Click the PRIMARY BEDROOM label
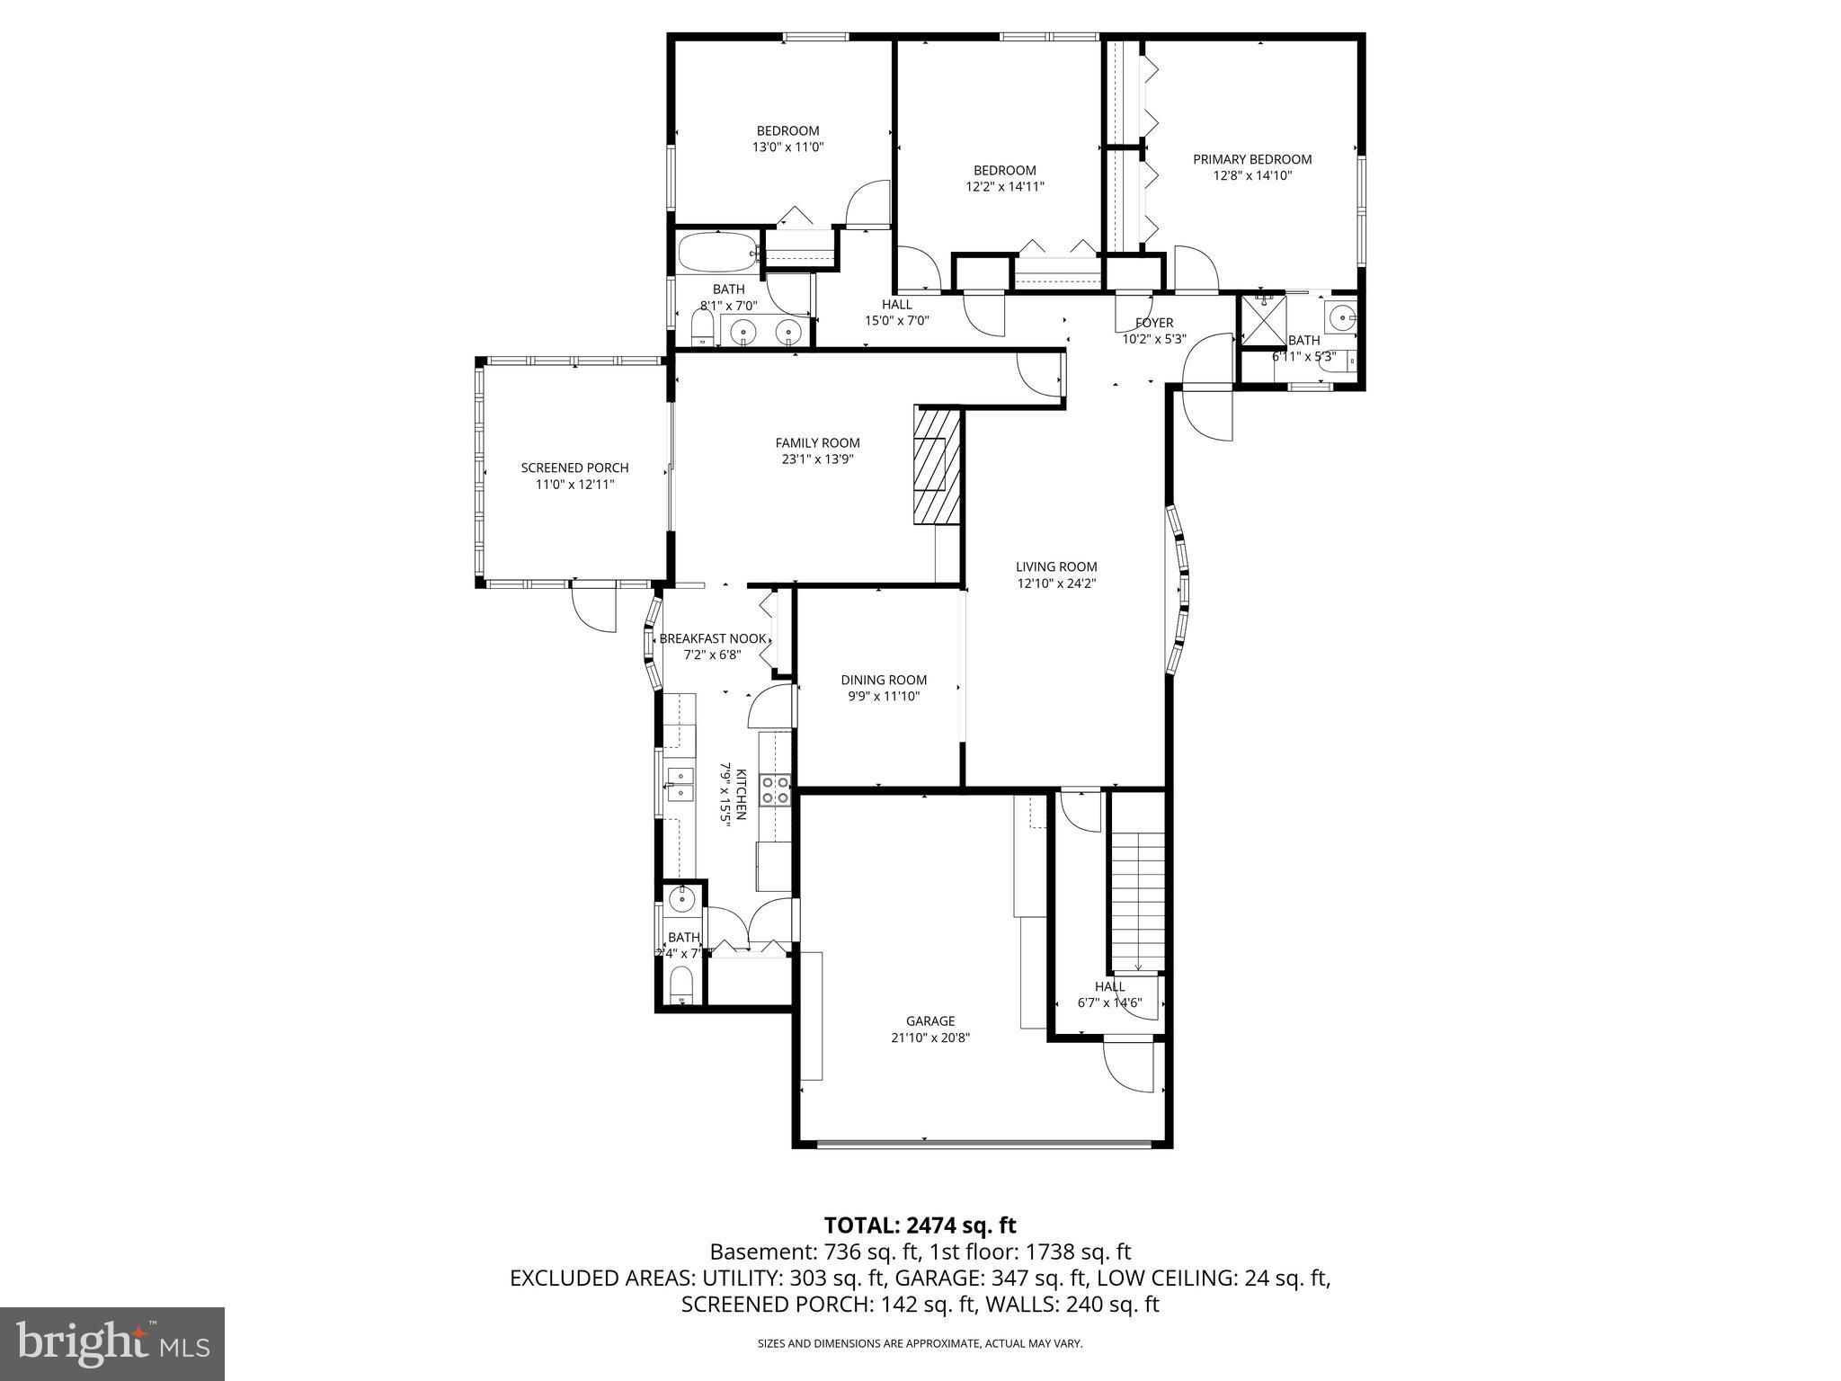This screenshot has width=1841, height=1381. (x=1251, y=159)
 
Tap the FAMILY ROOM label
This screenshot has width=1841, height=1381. (x=817, y=442)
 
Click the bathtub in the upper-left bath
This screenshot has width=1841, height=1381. (x=717, y=253)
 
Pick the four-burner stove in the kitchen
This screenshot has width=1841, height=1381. (x=775, y=789)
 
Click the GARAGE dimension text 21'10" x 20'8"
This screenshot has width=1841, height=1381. (x=929, y=1038)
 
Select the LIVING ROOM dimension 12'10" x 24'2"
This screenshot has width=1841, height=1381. (x=1056, y=583)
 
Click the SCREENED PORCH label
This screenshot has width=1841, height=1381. (x=574, y=468)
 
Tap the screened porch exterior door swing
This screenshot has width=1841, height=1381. (x=595, y=609)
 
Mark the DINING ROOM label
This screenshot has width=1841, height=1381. (x=884, y=680)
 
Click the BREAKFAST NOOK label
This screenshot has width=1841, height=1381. (x=713, y=638)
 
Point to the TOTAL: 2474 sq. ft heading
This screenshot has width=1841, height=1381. (x=920, y=1225)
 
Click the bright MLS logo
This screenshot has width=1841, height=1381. (x=111, y=1344)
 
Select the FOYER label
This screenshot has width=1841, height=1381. (x=1153, y=323)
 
